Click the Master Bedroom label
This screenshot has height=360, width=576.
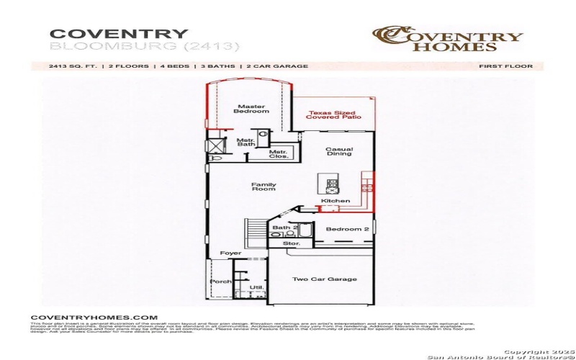[252, 109]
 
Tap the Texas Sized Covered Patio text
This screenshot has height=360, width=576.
[332, 114]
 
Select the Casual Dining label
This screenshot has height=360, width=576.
[338, 152]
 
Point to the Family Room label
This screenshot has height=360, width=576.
[264, 186]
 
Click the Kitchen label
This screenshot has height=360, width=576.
[336, 201]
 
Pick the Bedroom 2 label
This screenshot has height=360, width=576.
[347, 229]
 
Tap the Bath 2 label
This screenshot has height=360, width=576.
[284, 228]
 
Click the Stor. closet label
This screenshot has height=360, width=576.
[291, 244]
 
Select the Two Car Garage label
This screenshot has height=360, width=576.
[324, 279]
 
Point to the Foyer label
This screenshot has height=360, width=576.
[230, 253]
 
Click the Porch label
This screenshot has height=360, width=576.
[222, 282]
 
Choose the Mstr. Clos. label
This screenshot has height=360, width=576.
[279, 154]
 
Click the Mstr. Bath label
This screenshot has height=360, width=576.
[246, 142]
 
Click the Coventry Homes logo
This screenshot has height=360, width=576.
[447, 39]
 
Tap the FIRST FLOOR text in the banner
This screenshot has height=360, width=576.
[505, 66]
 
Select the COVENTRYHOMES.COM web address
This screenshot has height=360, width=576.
[94, 317]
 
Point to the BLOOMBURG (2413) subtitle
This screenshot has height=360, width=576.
[144, 47]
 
